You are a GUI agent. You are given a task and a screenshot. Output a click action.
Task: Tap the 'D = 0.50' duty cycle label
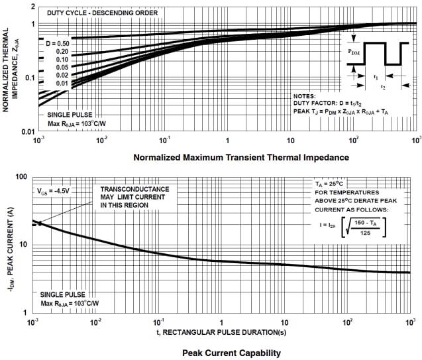[56, 42]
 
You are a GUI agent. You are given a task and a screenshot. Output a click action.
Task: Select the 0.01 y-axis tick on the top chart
[28, 132]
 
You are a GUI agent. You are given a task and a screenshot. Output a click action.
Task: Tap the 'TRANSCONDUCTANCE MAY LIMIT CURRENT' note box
[134, 197]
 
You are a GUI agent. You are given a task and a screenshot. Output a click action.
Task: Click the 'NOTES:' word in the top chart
[306, 96]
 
